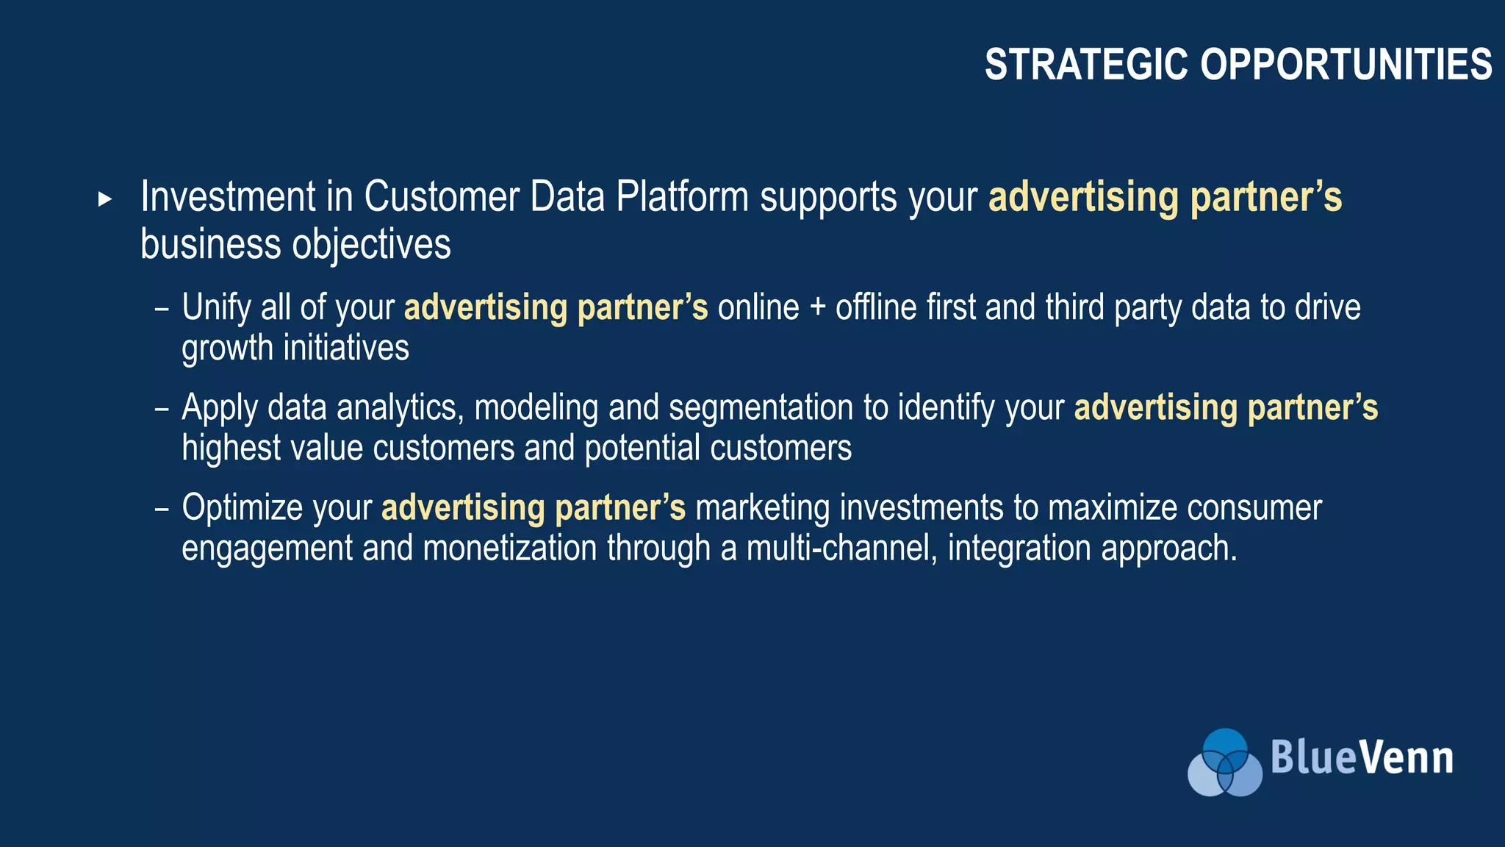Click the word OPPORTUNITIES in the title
click(1346, 65)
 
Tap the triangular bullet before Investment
click(105, 199)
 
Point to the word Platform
click(682, 197)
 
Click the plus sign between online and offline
click(817, 307)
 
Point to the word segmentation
click(761, 408)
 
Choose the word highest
click(231, 448)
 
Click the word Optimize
click(242, 508)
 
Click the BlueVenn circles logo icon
click(1224, 762)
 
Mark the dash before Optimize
click(162, 509)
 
